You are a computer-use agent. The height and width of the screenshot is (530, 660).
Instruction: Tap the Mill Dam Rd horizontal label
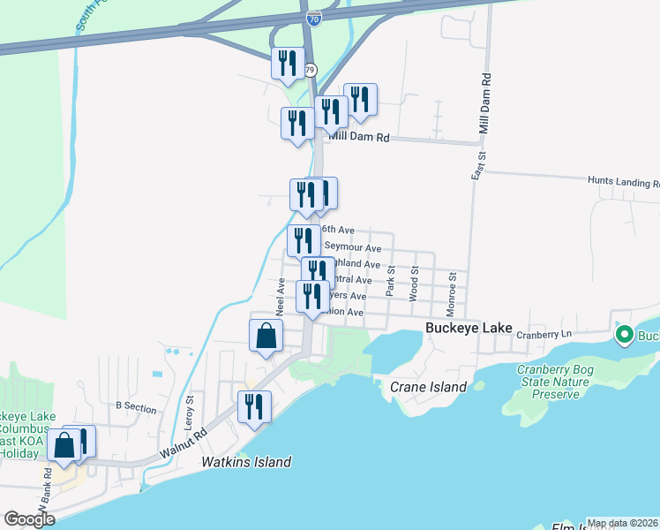pyautogui.click(x=359, y=138)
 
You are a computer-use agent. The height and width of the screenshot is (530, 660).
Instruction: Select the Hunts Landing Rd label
pyautogui.click(x=623, y=180)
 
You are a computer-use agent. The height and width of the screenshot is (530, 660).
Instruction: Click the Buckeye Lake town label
pyautogui.click(x=469, y=328)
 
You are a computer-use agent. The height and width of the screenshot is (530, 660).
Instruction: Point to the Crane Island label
pyautogui.click(x=428, y=387)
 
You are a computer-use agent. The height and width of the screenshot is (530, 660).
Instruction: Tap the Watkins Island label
pyautogui.click(x=246, y=462)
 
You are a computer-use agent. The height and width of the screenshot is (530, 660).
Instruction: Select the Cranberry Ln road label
pyautogui.click(x=544, y=335)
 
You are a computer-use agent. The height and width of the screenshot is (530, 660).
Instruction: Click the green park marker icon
pyautogui.click(x=625, y=335)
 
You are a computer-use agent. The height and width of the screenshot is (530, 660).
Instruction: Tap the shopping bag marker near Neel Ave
pyautogui.click(x=266, y=337)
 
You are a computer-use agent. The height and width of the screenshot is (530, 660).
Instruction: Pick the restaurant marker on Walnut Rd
pyautogui.click(x=254, y=407)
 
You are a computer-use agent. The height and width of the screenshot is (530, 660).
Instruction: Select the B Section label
pyautogui.click(x=136, y=408)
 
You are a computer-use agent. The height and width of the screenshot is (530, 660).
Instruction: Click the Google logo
pyautogui.click(x=29, y=519)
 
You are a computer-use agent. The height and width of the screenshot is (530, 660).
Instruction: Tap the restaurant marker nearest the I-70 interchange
pyautogui.click(x=288, y=64)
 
